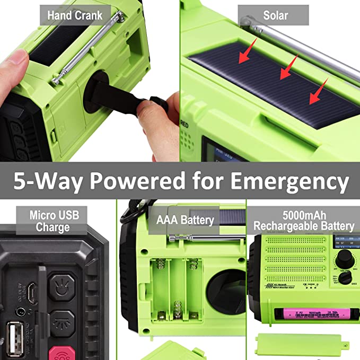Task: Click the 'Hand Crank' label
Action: (x=75, y=15)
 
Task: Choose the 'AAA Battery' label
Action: (x=185, y=220)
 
